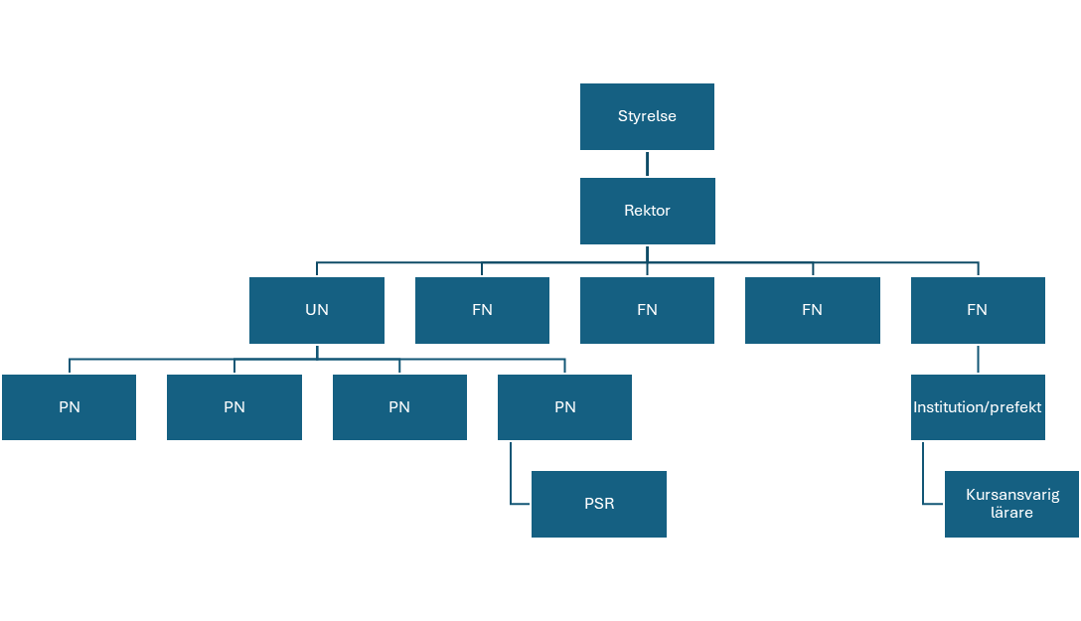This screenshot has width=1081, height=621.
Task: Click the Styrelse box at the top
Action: tap(647, 116)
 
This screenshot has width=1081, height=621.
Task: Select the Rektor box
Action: tap(647, 211)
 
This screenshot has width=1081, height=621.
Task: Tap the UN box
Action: tap(316, 310)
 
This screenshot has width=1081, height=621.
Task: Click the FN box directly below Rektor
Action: tap(647, 310)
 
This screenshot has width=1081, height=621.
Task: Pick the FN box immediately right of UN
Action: tap(482, 310)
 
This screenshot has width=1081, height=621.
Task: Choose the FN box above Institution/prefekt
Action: tap(978, 310)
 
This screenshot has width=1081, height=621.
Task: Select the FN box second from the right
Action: tap(812, 310)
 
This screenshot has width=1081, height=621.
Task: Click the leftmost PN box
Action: tap(69, 407)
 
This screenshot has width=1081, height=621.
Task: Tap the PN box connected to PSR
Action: tap(564, 407)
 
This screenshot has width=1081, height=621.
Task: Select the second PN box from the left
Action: tap(234, 407)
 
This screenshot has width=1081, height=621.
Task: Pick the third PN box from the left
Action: tap(399, 407)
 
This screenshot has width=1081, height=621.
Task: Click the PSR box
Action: tap(598, 504)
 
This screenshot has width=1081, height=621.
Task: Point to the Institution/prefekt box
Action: tap(978, 407)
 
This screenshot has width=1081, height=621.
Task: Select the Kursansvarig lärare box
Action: tap(1011, 504)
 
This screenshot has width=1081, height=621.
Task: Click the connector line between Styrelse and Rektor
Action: tap(647, 164)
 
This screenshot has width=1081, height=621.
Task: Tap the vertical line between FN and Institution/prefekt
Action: tap(978, 359)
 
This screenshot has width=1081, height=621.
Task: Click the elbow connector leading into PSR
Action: tap(512, 487)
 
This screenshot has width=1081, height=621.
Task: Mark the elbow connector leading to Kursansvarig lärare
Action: tap(924, 487)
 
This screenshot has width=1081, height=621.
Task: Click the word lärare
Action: tap(1012, 513)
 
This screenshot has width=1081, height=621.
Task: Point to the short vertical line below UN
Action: tap(317, 351)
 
